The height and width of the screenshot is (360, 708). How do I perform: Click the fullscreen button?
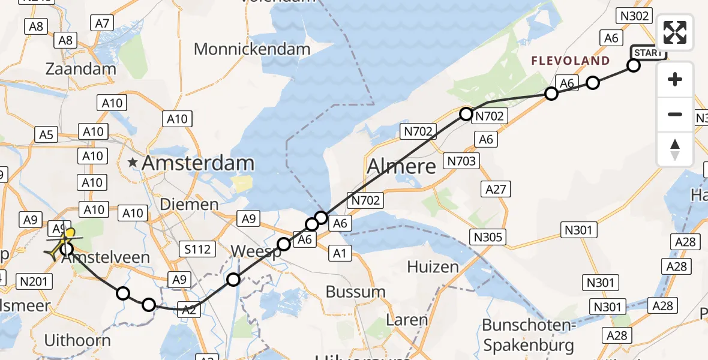pyautogui.click(x=675, y=32)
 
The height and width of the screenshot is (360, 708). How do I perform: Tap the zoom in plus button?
pyautogui.click(x=675, y=79)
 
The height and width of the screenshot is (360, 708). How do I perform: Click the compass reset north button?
pyautogui.click(x=675, y=149)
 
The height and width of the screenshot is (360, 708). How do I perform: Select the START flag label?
pyautogui.click(x=648, y=53)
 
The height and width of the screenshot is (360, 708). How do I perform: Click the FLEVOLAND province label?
pyautogui.click(x=570, y=61)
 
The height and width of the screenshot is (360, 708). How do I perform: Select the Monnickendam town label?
pyautogui.click(x=253, y=49)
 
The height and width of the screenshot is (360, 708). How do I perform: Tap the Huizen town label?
pyautogui.click(x=433, y=266)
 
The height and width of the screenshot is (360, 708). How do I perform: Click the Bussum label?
pyautogui.click(x=356, y=292)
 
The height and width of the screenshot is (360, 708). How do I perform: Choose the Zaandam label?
pyautogui.click(x=81, y=68)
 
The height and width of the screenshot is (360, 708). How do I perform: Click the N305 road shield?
pyautogui.click(x=487, y=236)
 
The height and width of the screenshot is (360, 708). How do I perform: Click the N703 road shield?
pyautogui.click(x=461, y=161)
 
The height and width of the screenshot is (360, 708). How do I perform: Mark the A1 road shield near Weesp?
pyautogui.click(x=340, y=254)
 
